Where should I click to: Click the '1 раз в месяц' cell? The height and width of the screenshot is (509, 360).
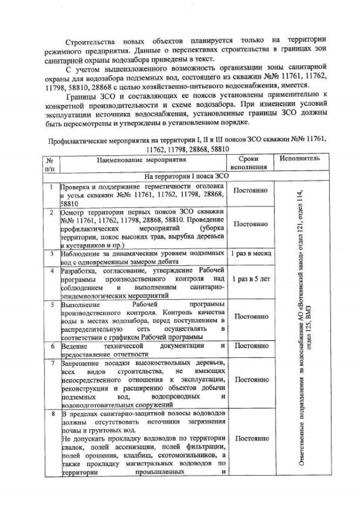click(251, 255)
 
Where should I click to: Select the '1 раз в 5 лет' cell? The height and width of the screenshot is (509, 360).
click(250, 278)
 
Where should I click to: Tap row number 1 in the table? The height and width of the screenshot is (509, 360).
click(51, 187)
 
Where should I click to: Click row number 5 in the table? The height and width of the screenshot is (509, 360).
click(51, 304)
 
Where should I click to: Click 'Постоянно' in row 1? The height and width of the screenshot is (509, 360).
click(250, 191)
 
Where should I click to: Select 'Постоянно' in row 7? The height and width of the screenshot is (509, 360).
click(250, 380)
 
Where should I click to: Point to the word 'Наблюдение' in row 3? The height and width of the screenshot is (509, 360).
click(80, 254)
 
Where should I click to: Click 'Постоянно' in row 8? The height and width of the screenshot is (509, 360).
click(250, 438)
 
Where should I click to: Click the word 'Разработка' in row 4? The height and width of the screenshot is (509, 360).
click(78, 270)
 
